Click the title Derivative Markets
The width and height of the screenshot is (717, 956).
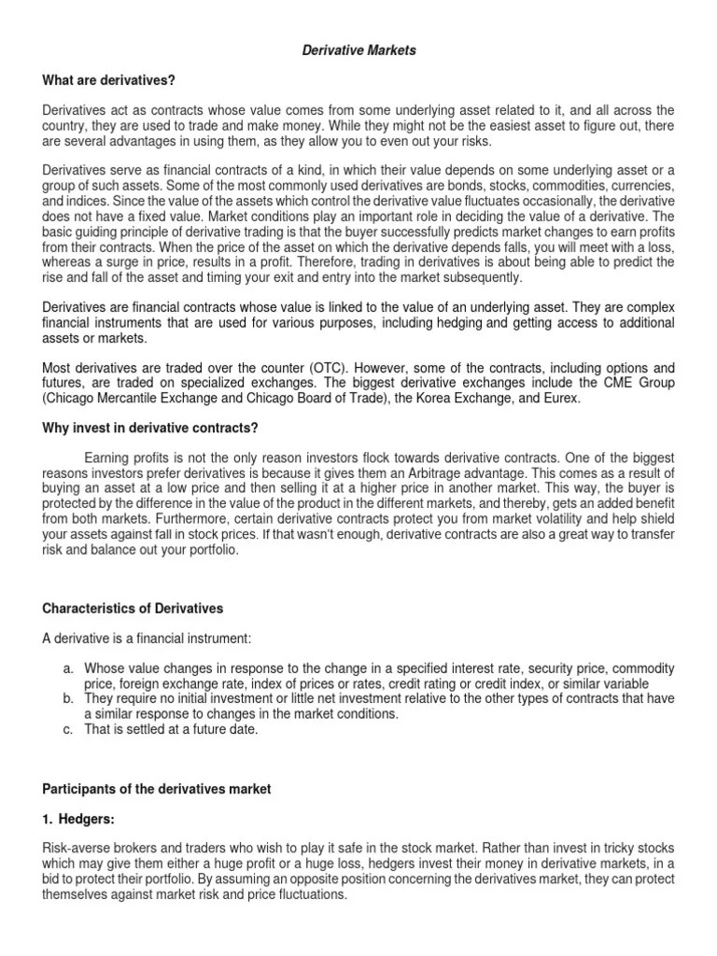point(359,50)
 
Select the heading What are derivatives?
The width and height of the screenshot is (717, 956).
point(109,80)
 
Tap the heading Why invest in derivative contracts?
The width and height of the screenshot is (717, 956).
point(149,429)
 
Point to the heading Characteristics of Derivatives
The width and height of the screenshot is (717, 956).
point(134,609)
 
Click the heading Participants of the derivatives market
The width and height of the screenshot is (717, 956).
point(157,789)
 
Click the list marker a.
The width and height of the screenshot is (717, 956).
point(68,668)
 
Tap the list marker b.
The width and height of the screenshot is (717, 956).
point(68,698)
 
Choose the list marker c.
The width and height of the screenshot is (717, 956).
point(68,729)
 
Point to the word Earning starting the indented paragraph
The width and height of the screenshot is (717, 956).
point(107,458)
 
